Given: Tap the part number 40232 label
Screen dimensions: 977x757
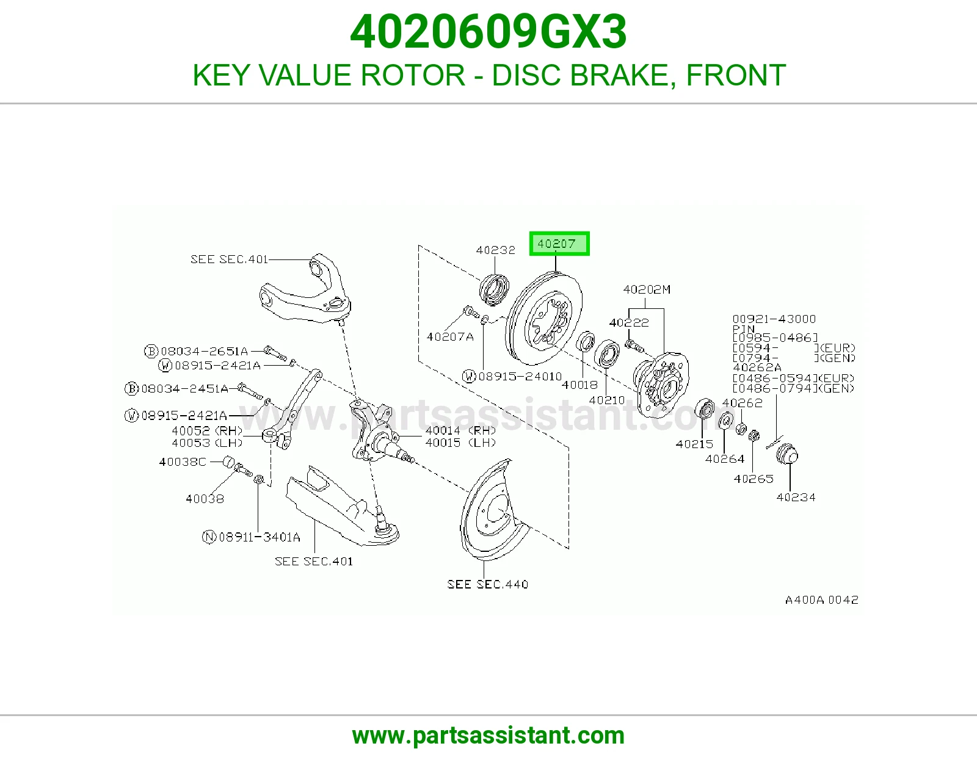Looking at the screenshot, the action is pos(495,250).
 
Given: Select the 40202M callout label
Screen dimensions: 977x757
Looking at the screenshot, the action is pos(647,289).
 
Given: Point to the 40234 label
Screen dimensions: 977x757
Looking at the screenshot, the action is pos(796,497).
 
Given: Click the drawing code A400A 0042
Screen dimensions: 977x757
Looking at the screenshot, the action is pos(821,599).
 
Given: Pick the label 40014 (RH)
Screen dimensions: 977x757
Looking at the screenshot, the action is pos(460,430).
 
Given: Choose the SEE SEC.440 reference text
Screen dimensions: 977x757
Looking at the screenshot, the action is pos(487,584).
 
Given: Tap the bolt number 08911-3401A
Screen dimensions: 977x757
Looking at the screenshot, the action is pos(260,537).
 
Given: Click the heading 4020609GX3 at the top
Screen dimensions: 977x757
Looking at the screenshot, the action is pos(488,32).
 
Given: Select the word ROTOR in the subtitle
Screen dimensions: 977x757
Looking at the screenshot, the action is pos(413,75).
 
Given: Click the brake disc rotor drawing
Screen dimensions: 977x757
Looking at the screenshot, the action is pos(544,318).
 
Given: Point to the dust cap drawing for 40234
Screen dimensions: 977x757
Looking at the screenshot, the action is pos(786,454).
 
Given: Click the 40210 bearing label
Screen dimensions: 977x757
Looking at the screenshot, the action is pos(606,400).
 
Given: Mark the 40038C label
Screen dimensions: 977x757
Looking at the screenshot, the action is pos(182,462).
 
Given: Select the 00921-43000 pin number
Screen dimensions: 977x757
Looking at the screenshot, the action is pos(773,319).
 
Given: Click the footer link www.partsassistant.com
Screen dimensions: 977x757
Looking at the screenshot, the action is pos(488,736).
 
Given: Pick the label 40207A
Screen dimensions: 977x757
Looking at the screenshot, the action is pos(450,337).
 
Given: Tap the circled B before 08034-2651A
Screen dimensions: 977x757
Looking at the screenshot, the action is pos(151,351).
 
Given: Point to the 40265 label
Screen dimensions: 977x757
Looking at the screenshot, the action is pos(753,479).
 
